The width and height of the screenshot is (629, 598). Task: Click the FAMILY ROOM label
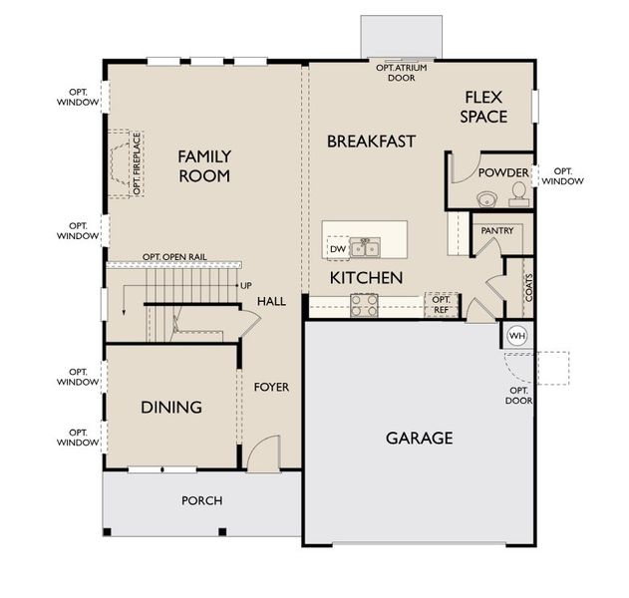coord(204,166)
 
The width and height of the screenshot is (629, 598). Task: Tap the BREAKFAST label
coord(371,142)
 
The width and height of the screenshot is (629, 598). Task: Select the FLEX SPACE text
coord(483,107)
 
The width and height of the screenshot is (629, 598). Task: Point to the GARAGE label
coord(419,438)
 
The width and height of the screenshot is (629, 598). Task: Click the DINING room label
coord(170,407)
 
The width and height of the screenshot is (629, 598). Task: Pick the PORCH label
coord(201,500)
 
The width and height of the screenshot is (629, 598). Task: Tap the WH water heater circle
coord(516,336)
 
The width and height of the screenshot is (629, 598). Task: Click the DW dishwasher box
coord(338,248)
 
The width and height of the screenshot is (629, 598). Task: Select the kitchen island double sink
coord(365,245)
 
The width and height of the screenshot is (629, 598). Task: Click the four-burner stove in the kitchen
coord(364,305)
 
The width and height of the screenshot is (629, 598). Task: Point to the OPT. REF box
coord(442,305)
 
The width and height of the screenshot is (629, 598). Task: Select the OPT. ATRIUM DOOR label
coord(403,72)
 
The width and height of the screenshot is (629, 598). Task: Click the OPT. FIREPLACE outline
coord(127,164)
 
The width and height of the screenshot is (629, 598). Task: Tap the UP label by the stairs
coord(245,286)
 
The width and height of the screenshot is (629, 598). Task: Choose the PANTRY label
coord(496,230)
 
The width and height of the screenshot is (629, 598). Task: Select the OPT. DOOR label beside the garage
coord(519,396)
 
